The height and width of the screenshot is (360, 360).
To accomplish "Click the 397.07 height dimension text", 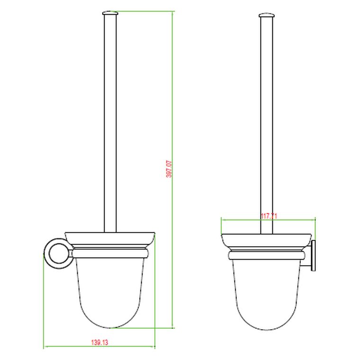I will click(x=169, y=169).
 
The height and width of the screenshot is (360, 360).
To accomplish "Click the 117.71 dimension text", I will click(x=269, y=216).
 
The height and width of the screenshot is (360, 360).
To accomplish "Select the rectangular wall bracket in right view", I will click(x=313, y=256).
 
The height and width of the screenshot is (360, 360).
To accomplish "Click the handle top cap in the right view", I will click(x=266, y=16).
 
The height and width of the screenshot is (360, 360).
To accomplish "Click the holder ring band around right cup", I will click(x=266, y=255).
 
